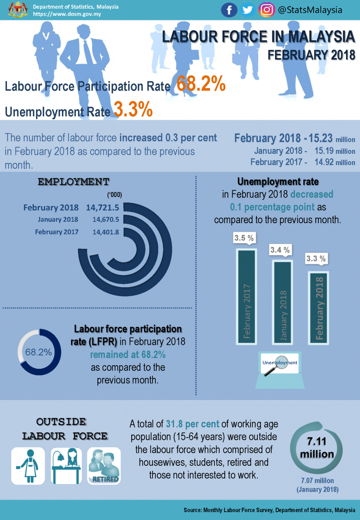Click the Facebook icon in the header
point(229,10)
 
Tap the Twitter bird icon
point(248,10)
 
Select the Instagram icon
point(266,10)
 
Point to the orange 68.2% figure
point(201,84)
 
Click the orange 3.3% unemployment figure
point(133,110)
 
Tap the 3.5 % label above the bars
point(244,238)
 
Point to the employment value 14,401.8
point(106,232)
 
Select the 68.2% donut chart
point(39,352)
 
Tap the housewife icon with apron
point(28,466)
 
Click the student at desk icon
point(66,466)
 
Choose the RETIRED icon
point(104,466)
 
